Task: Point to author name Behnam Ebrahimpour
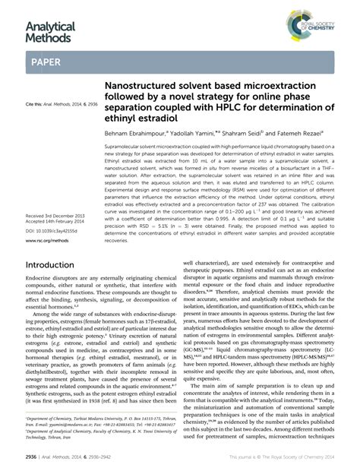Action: (139, 131)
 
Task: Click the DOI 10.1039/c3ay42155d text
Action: (52, 231)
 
